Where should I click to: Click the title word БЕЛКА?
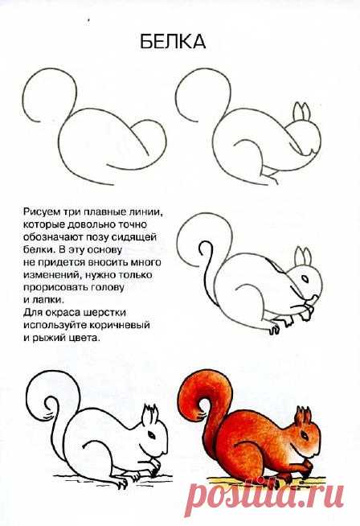[x=173, y=42]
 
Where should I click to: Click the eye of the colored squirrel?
[x=305, y=435]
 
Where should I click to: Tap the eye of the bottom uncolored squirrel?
[x=151, y=435]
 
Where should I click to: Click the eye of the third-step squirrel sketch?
[x=305, y=278]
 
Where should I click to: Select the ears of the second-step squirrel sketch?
[x=301, y=112]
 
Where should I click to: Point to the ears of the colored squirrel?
[x=303, y=416]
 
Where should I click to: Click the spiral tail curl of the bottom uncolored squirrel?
[x=51, y=407]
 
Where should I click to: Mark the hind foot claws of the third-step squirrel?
[x=275, y=329]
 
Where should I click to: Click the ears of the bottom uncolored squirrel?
[x=149, y=415]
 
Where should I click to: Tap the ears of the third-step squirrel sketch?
[x=303, y=257]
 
